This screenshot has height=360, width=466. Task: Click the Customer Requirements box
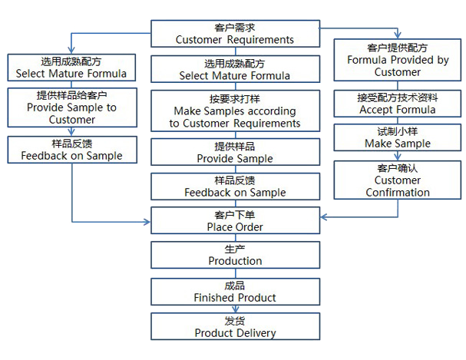[234, 34]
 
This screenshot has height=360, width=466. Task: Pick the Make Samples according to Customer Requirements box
[234, 112]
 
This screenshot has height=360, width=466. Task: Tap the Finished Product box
[234, 292]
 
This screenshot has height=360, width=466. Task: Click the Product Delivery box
[234, 328]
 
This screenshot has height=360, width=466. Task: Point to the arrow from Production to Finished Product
[235, 274]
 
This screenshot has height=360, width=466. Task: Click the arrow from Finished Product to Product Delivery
[235, 309]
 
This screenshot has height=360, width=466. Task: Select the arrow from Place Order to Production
[235, 239]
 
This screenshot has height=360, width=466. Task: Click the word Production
[235, 261]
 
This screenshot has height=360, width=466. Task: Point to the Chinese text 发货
[235, 322]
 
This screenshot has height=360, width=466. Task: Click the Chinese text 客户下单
[235, 216]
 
